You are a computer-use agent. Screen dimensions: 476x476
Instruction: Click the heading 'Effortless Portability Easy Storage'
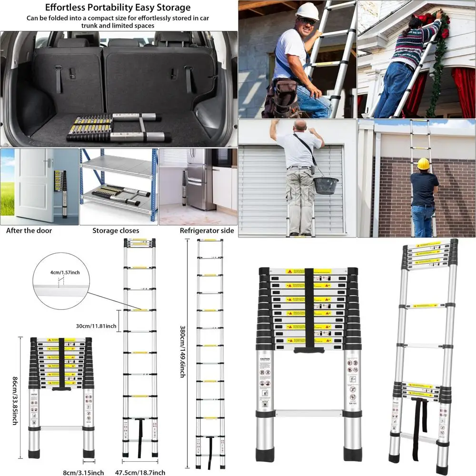coord(117,8)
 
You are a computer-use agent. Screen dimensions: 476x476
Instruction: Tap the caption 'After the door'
coord(29,231)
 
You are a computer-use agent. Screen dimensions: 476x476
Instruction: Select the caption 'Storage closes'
coord(116,231)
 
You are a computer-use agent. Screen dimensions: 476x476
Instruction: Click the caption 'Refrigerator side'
coord(207,231)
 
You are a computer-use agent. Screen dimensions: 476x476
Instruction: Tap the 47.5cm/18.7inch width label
coord(140,472)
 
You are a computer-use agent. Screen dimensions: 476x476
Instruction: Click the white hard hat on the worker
coord(307,11)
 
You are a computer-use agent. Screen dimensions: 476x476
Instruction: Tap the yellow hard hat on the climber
coord(423,164)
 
